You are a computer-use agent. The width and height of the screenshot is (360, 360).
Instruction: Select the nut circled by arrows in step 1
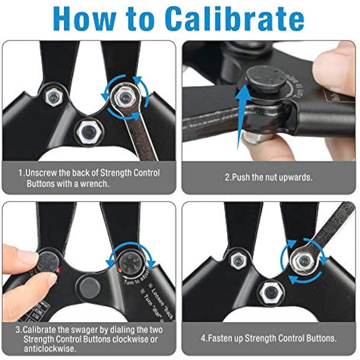coord(125,93)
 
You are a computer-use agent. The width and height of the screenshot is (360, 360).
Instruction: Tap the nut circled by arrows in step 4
coord(303,259)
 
